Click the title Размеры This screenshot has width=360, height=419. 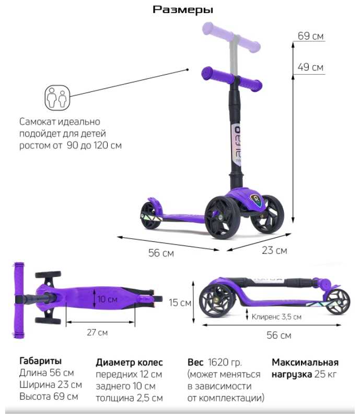point(183,9)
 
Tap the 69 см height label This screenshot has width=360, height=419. point(311,36)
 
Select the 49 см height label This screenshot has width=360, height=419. point(311,67)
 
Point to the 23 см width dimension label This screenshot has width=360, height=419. point(274,250)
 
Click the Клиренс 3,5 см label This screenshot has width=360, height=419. point(276,316)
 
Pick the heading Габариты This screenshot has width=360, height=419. point(40,361)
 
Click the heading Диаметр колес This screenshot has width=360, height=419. point(129,362)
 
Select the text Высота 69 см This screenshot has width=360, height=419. point(49,396)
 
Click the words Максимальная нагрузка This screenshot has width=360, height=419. point(305,368)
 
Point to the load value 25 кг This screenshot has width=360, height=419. point(329,374)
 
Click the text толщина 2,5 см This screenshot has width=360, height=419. point(129,397)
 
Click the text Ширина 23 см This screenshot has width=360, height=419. point(50,385)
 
